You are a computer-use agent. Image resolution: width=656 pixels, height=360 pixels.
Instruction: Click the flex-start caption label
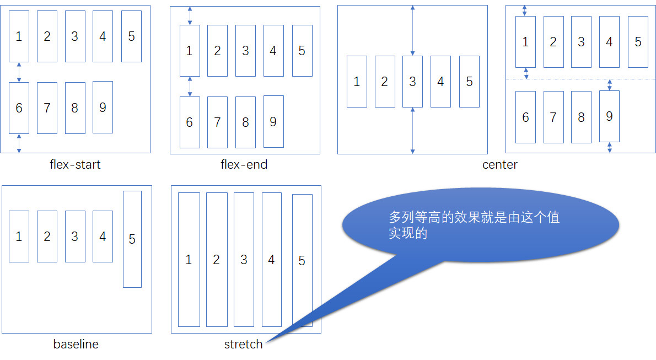[75, 164]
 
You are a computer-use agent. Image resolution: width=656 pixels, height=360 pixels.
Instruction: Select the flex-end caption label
[244, 164]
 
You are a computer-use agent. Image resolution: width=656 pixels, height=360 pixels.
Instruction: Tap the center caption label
[499, 164]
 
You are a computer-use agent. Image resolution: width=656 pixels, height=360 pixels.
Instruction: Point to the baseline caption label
[76, 345]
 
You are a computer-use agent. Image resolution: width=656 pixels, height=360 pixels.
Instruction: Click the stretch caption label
[243, 345]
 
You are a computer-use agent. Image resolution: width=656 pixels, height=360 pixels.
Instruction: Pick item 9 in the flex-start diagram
[103, 108]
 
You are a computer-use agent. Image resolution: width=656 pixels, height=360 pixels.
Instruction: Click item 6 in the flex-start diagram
[19, 108]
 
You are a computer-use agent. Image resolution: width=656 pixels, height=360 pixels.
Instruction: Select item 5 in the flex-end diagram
[302, 51]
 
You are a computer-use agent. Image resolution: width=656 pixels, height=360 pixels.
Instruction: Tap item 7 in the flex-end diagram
[217, 122]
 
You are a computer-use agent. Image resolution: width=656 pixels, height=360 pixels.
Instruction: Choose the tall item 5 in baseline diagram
[132, 239]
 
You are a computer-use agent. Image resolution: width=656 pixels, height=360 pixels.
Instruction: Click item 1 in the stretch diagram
[189, 260]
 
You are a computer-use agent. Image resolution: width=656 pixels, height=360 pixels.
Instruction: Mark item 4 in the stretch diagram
[271, 260]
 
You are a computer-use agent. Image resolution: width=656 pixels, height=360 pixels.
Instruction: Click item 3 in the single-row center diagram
[412, 82]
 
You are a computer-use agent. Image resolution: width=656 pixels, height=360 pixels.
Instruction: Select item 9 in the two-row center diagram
[609, 116]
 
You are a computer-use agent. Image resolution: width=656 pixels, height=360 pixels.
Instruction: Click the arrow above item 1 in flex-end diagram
[190, 15]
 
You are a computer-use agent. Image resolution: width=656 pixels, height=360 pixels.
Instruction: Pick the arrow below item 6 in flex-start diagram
[19, 143]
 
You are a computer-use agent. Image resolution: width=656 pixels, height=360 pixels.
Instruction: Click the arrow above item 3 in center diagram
[412, 30]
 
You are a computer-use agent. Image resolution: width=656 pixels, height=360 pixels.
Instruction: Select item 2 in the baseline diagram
[47, 237]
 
